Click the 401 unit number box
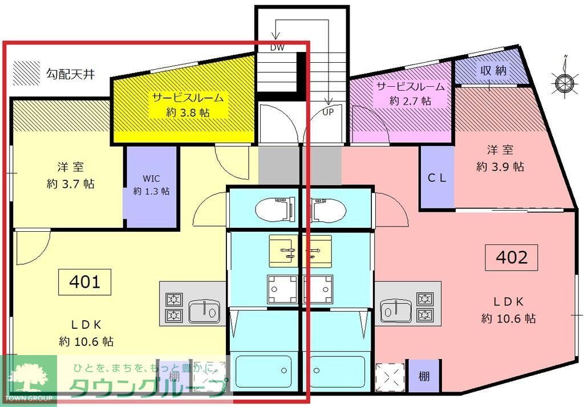[x=85, y=282]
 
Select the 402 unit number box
[x=512, y=257]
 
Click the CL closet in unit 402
[x=437, y=178]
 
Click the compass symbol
[x=564, y=83]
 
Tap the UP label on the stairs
[x=328, y=112]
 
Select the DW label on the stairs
[x=278, y=48]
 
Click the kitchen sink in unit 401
[x=203, y=312]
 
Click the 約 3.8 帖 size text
[x=188, y=112]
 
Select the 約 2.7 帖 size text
[x=410, y=101]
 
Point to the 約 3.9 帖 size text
[x=500, y=167]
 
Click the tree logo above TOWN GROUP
[x=27, y=377]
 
